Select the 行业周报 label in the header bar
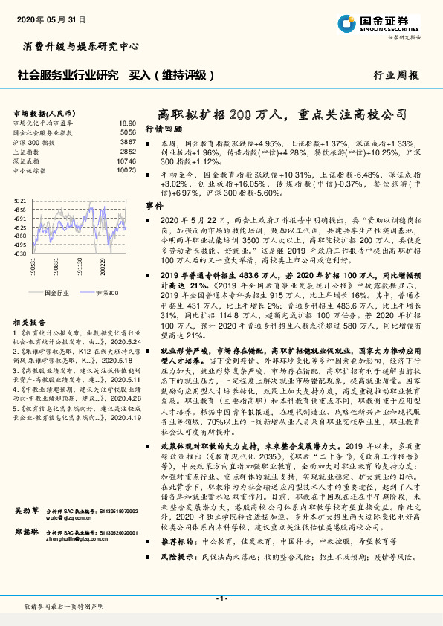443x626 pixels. tap(395, 75)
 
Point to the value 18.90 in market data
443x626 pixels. tap(127, 123)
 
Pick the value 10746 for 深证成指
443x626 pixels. tap(126, 161)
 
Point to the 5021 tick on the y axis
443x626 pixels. tap(21, 201)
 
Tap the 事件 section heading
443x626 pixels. tap(154, 204)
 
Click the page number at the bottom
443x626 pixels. tap(221, 598)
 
